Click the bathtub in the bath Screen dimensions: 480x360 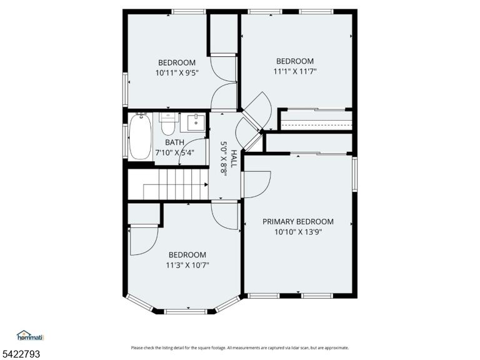point(140,136)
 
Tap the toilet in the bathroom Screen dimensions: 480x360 point(167,124)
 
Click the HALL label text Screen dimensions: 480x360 point(234,159)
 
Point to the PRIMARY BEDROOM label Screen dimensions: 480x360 point(298,221)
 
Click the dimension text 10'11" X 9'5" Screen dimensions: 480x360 point(177,73)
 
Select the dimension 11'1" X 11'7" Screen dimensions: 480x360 point(294,71)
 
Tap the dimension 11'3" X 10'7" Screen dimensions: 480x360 point(187,265)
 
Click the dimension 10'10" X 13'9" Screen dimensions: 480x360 point(298,232)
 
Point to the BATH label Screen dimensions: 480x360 point(174,142)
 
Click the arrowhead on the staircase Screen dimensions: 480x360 point(206,184)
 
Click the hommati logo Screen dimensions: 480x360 point(31,336)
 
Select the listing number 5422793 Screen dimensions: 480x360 point(20,354)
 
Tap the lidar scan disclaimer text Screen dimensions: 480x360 point(240,347)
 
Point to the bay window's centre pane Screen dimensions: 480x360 point(186,312)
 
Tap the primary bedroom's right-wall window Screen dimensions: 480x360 point(354,174)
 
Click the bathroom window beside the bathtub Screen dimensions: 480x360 point(125,141)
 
